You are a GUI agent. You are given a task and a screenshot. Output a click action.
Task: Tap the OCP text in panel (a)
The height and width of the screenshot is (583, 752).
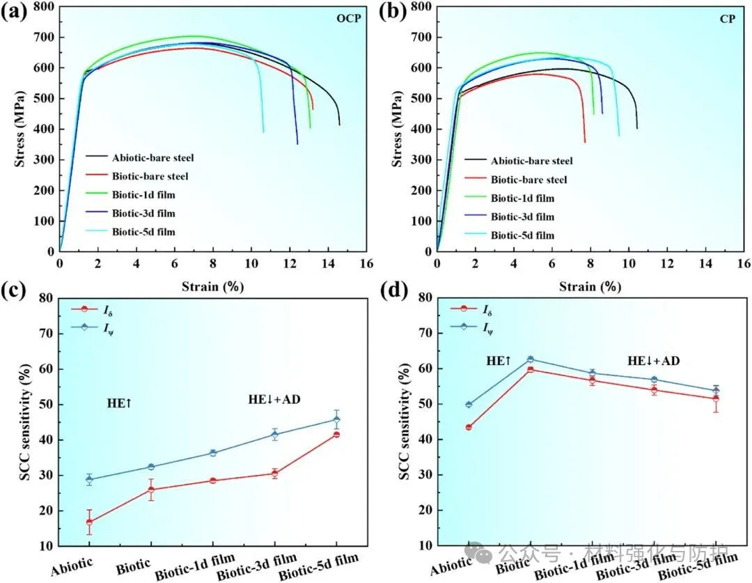(349, 18)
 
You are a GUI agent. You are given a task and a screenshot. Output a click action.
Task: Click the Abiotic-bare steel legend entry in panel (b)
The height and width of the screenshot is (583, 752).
(532, 161)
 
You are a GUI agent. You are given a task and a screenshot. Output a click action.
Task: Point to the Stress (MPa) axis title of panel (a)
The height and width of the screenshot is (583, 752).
(19, 129)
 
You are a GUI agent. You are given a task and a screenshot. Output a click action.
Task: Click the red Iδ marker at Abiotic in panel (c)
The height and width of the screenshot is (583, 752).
(89, 522)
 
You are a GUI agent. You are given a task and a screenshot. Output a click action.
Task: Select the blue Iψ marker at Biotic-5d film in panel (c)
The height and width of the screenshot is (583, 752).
(336, 419)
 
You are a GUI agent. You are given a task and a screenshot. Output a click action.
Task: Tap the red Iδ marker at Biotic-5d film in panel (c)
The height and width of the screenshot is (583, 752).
(336, 435)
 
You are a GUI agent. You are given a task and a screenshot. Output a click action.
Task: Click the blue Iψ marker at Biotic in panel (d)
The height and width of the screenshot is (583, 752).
(531, 359)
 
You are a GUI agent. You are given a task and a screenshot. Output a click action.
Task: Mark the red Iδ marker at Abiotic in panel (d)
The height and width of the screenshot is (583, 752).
(469, 427)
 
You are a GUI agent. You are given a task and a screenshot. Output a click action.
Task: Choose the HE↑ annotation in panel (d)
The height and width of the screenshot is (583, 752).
(499, 361)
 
